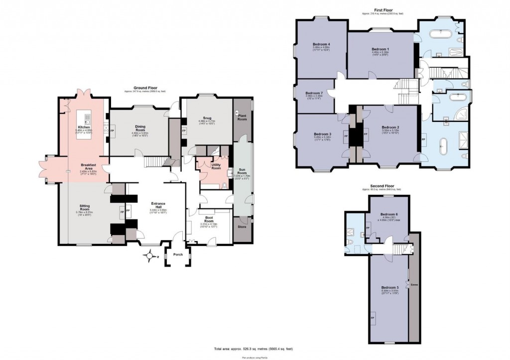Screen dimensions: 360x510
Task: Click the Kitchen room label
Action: click(83, 127)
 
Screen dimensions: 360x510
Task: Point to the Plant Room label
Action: click(242, 118)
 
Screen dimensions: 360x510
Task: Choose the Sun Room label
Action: click(242, 170)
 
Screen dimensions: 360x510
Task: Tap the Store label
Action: click(242, 227)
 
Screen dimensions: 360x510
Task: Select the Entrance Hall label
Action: click(158, 205)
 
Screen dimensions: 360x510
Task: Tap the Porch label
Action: click(177, 254)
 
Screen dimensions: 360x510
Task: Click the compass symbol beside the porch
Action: click(148, 257)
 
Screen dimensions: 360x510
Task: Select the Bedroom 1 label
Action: click(380, 49)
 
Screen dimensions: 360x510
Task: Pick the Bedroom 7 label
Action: click(314, 93)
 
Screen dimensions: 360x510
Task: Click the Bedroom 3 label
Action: click(322, 134)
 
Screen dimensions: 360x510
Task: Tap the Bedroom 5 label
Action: click(390, 287)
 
